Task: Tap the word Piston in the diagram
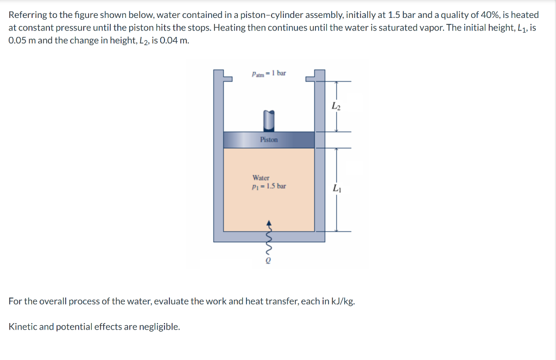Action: pyautogui.click(x=269, y=140)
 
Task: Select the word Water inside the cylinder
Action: pyautogui.click(x=261, y=178)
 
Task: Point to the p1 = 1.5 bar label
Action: pyautogui.click(x=269, y=186)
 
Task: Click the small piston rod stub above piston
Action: pyautogui.click(x=268, y=121)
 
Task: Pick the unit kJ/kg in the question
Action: pyautogui.click(x=343, y=301)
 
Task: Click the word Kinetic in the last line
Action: pyautogui.click(x=23, y=327)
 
